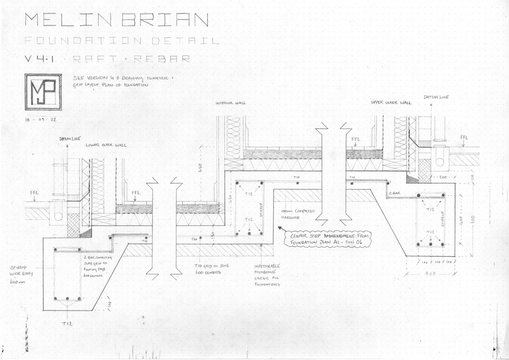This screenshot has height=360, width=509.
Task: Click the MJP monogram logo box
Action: coord(43,92)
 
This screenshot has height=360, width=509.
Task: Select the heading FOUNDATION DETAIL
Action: coord(121,41)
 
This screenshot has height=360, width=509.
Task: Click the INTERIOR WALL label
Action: coord(231,103)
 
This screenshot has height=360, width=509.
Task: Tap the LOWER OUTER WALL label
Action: coord(106,145)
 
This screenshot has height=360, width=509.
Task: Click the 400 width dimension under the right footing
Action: coord(431,274)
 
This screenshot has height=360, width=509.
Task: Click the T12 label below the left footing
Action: coord(67,324)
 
